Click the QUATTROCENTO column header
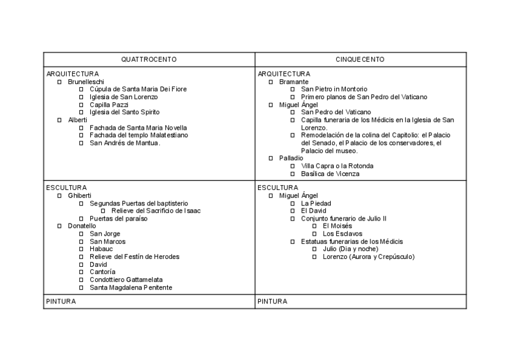[149, 59]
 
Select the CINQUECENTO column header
[360, 59]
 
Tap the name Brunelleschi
[86, 81]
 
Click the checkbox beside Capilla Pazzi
[81, 105]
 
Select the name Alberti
[78, 120]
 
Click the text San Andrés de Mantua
[125, 143]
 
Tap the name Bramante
[294, 81]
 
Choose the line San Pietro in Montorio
[334, 89]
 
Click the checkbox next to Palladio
[271, 158]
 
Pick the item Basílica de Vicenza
[330, 174]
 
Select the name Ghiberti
[79, 195]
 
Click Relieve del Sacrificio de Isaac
[156, 210]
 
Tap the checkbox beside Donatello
[59, 226]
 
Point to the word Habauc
[100, 249]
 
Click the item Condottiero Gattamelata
[126, 279]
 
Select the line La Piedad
[316, 203]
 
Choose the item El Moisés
[337, 226]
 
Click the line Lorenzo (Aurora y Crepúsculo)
[369, 257]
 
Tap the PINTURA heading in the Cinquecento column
[272, 301]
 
